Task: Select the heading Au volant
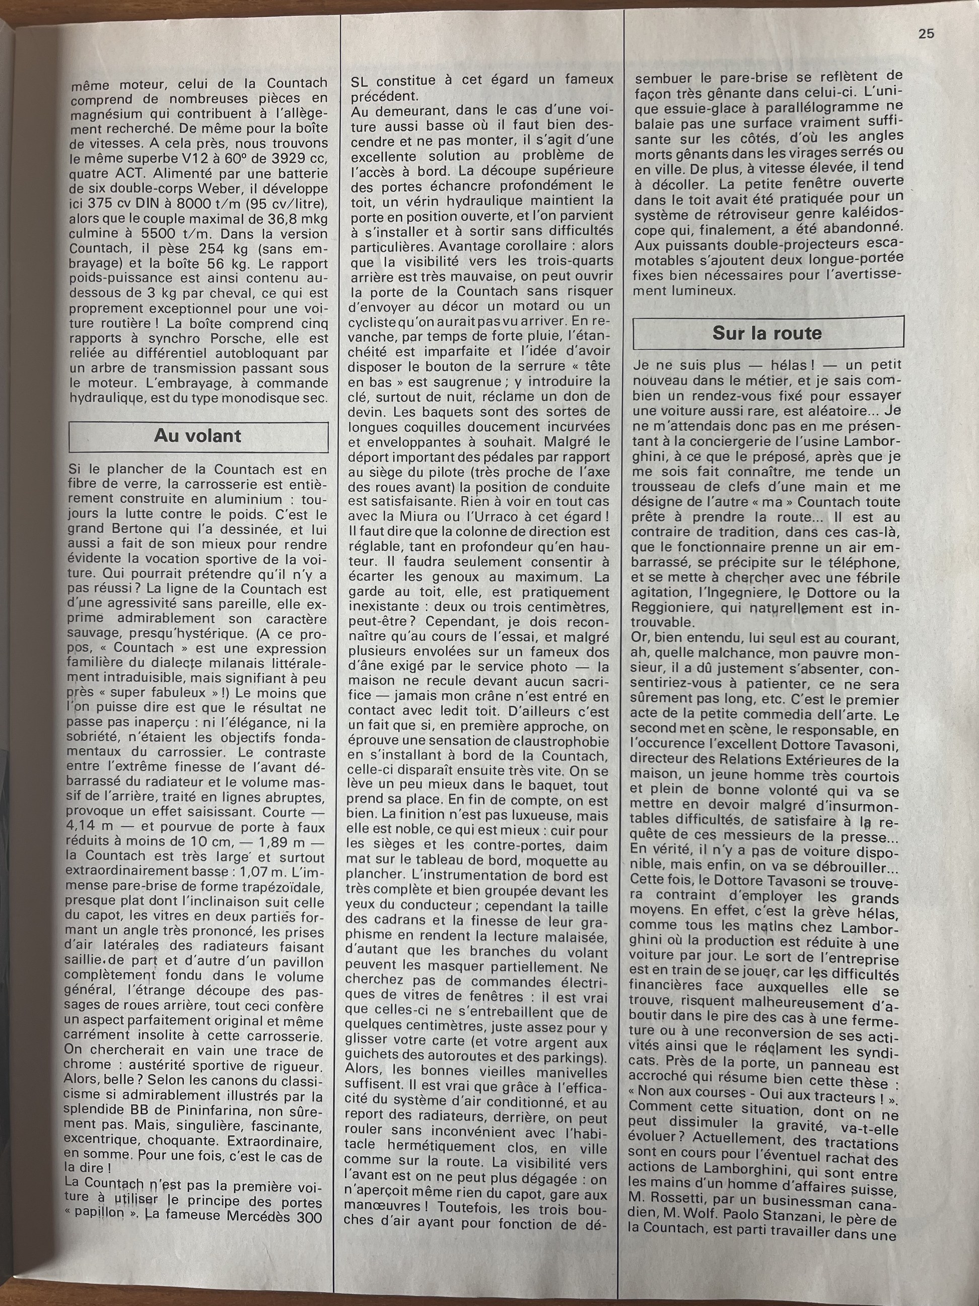[x=198, y=436]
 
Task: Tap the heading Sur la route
[x=766, y=333]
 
